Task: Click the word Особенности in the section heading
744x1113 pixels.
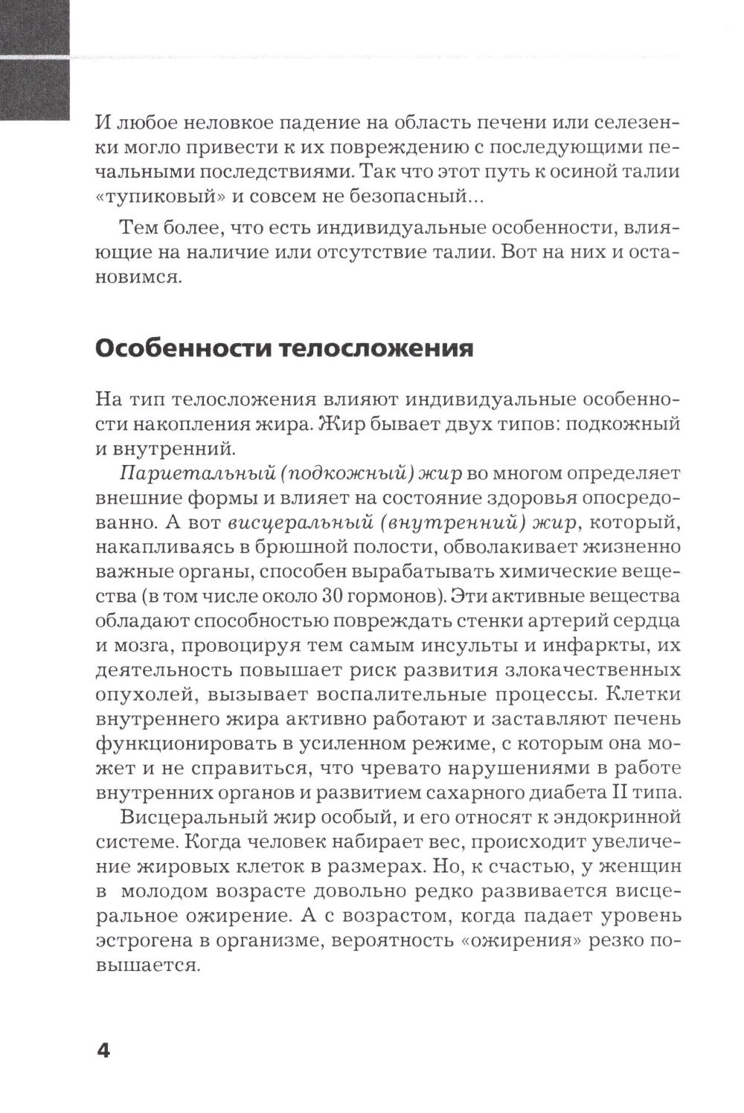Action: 185,348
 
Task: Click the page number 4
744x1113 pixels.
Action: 103,1051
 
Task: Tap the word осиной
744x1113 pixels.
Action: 574,173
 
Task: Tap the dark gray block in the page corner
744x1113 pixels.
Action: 35,60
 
